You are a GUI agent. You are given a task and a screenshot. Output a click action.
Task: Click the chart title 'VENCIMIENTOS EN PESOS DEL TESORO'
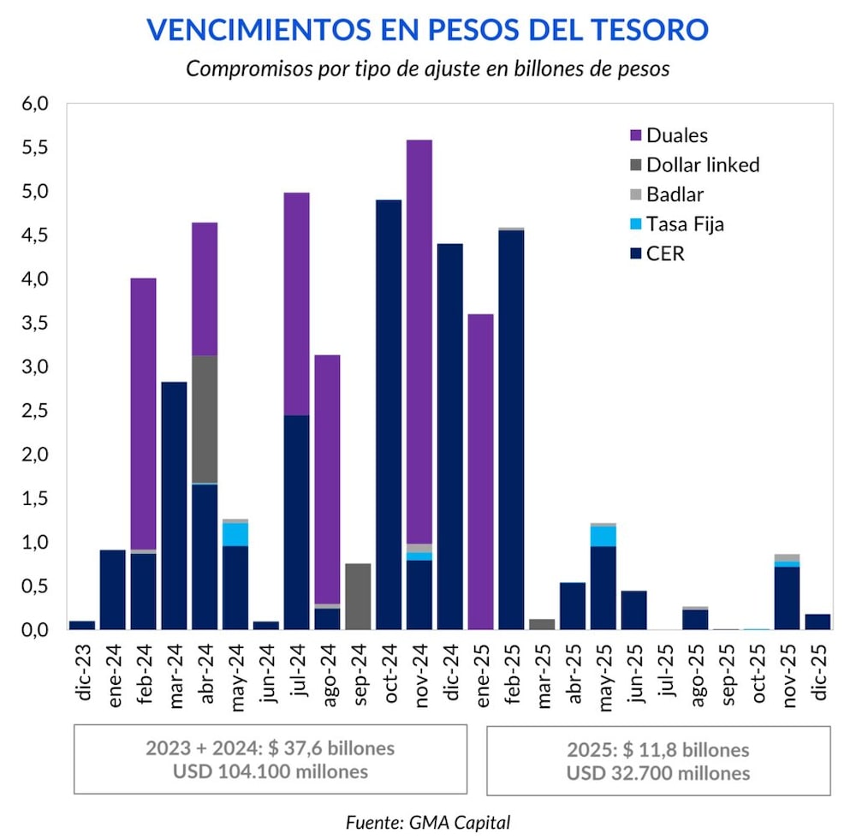(x=428, y=29)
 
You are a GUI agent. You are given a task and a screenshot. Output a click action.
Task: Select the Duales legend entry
(x=676, y=135)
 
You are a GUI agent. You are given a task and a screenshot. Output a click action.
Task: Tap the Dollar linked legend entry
(x=702, y=165)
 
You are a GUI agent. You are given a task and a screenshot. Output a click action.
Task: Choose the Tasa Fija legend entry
(x=686, y=224)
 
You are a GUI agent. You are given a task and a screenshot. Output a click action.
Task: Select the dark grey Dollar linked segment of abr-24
(x=205, y=419)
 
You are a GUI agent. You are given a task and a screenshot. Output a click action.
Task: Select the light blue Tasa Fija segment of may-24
(x=235, y=534)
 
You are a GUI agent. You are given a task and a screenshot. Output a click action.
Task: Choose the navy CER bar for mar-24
(x=174, y=506)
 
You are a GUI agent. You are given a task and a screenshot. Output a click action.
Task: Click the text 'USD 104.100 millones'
(x=270, y=771)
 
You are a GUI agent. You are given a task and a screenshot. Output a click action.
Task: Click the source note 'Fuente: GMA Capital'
(x=428, y=823)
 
